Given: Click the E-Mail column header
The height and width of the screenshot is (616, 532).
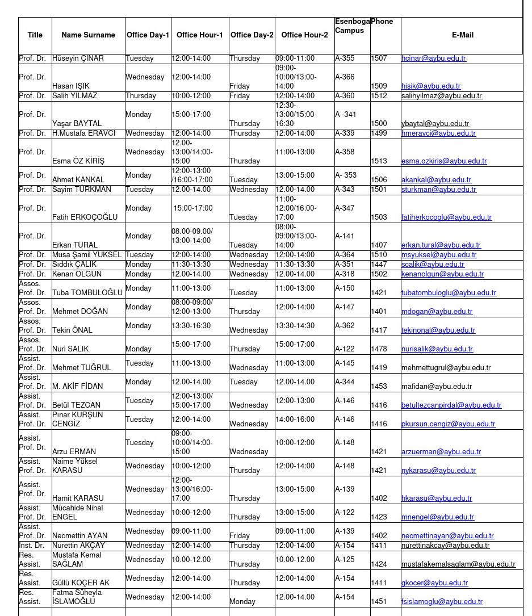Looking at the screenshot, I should [462, 35].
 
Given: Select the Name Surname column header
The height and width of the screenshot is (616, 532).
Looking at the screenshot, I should [88, 35].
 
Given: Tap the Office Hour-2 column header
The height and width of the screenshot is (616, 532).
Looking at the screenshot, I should [304, 35].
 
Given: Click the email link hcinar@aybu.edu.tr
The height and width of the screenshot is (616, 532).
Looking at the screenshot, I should [433, 58].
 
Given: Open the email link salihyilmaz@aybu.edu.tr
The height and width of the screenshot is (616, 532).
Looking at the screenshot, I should [441, 96].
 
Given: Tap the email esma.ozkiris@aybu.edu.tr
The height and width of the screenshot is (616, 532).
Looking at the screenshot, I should [443, 161].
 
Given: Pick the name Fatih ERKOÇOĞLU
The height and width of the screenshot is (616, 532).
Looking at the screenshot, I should [85, 217].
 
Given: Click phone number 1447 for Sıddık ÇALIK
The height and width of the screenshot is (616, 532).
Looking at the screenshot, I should [379, 265].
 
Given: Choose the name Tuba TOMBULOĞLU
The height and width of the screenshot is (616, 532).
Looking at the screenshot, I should [87, 293].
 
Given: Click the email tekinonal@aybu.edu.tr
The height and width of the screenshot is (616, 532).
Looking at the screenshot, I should [438, 330].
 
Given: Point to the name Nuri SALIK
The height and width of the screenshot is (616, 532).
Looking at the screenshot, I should [70, 349].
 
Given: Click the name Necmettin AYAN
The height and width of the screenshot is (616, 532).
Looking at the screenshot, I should [79, 536].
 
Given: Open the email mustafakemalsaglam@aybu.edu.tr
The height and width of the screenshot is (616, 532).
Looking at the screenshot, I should [458, 564].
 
